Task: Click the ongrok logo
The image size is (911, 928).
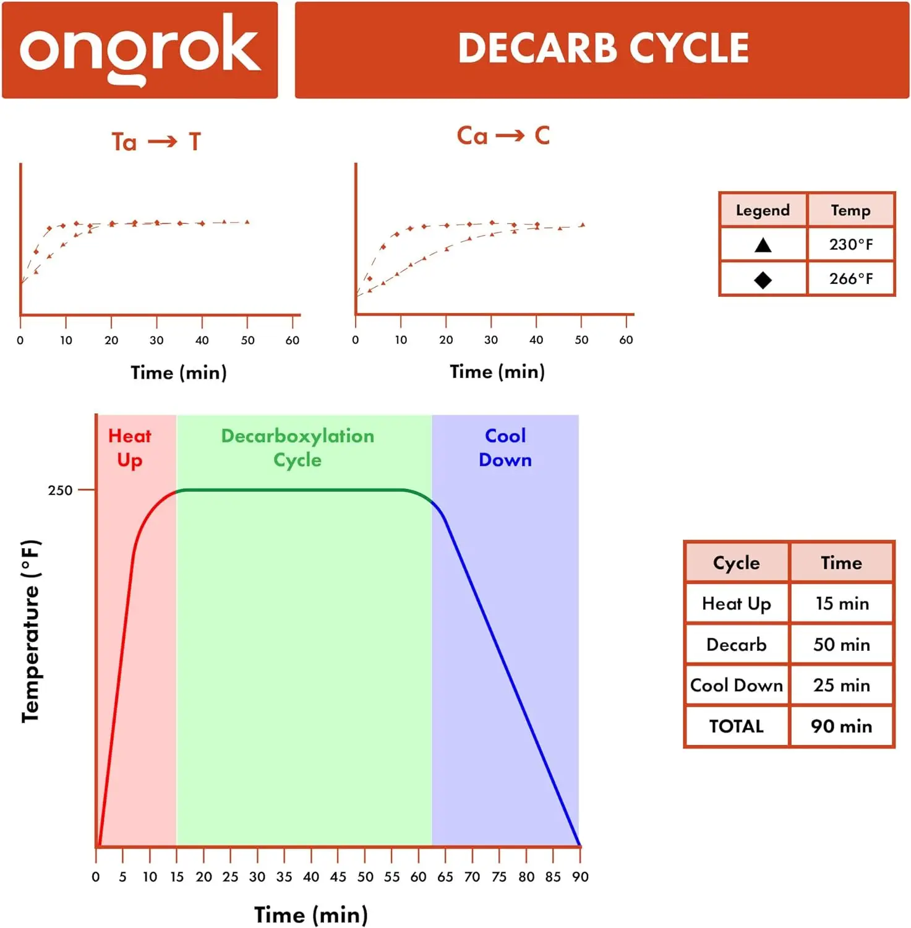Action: pos(140,49)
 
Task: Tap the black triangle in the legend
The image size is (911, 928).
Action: pos(763,245)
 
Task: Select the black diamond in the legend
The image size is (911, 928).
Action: pos(763,280)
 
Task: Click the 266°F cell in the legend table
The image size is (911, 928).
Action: pos(851,279)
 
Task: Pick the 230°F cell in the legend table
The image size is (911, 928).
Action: pos(851,245)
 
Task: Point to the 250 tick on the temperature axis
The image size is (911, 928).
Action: pos(61,491)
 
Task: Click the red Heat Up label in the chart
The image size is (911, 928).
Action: pos(130,448)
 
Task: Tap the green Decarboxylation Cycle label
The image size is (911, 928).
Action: pos(297,448)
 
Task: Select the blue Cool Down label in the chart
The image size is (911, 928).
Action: pos(505,448)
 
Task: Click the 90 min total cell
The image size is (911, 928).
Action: pos(841,726)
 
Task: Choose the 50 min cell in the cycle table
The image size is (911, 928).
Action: pos(841,645)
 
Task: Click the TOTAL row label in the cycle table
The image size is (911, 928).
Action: pos(736,726)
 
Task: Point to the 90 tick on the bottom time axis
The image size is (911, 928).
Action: pos(580,877)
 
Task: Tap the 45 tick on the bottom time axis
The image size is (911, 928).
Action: pos(338,877)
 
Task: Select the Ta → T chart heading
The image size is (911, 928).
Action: pos(156,142)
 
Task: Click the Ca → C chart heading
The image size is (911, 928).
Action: pos(503,136)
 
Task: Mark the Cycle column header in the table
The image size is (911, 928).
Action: pos(736,563)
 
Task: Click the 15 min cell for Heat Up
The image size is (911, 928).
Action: pos(841,604)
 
